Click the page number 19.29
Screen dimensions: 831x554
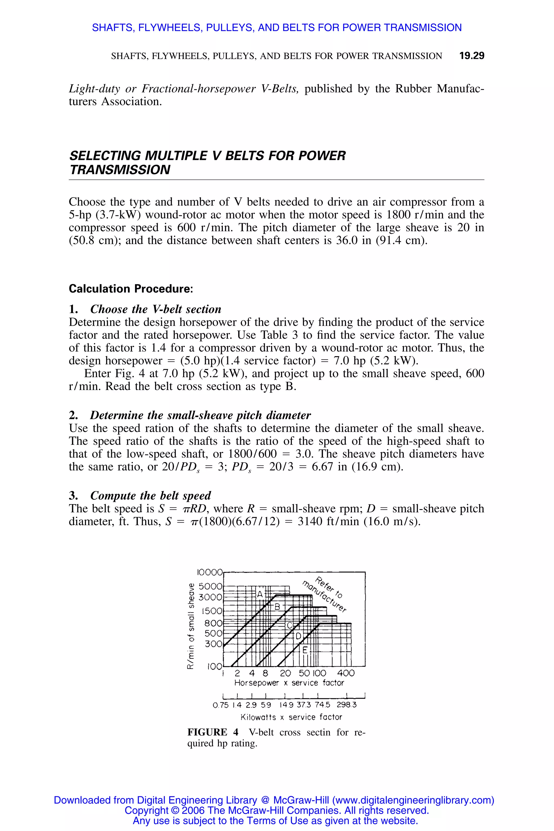[x=471, y=55]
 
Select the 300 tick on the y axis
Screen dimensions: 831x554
[x=213, y=644]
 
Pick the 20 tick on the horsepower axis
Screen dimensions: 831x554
[x=285, y=673]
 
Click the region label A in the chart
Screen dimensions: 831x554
[x=260, y=594]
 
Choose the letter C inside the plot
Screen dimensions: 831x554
[x=289, y=626]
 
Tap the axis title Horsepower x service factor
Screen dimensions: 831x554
[x=289, y=682]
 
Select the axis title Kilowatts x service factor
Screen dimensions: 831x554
[x=291, y=717]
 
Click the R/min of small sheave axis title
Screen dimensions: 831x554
[x=191, y=625]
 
